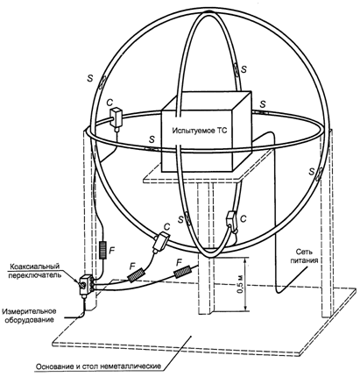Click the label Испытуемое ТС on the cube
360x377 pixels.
tap(200, 131)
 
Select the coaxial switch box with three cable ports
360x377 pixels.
tap(86, 283)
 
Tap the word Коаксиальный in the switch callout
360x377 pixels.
tap(35, 267)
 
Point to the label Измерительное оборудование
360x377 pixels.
tap(29, 315)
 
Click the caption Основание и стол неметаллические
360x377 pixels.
tap(98, 366)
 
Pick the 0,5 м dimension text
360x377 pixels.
tap(240, 284)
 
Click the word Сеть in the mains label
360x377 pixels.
tap(302, 252)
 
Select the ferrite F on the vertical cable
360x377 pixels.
tap(103, 250)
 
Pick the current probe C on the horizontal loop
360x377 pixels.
tap(116, 118)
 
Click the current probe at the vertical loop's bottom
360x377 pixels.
tap(232, 221)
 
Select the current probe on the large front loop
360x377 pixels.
tap(160, 241)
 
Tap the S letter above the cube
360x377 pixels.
tap(244, 69)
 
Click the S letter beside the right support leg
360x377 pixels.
tap(312, 171)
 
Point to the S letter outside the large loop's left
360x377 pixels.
tap(91, 78)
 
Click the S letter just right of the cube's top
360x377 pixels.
tap(263, 103)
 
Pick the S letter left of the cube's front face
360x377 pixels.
tap(152, 139)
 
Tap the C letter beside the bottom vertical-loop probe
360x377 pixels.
tap(243, 218)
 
